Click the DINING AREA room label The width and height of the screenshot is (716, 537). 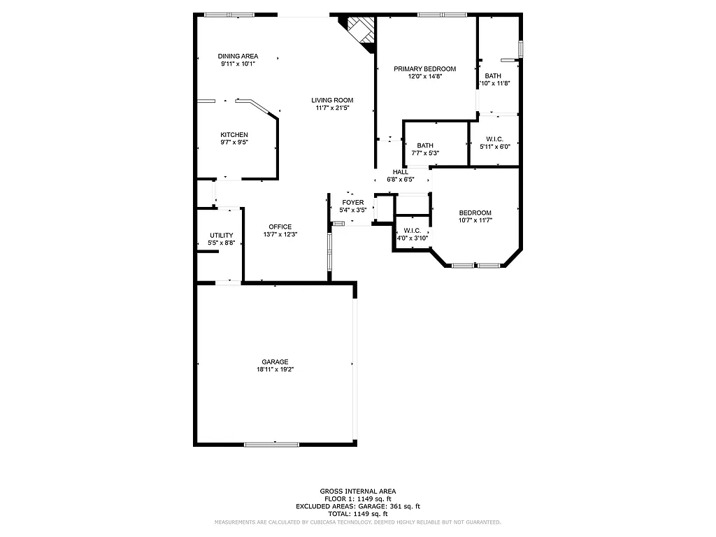[x=238, y=56]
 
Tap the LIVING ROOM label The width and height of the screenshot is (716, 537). [x=332, y=100]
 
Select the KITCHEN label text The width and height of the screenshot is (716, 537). [x=234, y=135]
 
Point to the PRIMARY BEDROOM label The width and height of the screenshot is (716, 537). [x=424, y=69]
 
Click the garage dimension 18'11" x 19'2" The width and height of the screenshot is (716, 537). [x=275, y=369]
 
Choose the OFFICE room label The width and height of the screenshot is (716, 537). [x=280, y=227]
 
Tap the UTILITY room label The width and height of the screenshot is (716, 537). [x=222, y=235]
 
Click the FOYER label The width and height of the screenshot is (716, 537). [x=352, y=202]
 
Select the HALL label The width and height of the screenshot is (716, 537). [x=401, y=172]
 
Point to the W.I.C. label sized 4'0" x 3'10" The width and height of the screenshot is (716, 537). [x=412, y=230]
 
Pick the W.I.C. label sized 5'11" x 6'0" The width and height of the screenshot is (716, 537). [x=494, y=138]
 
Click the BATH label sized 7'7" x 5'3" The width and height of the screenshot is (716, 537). [x=425, y=145]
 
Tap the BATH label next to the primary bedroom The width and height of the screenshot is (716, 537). [x=493, y=76]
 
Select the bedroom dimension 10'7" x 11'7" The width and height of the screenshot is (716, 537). [x=475, y=220]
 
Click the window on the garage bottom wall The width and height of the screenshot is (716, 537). [x=272, y=443]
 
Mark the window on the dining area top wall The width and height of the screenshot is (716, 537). [x=229, y=14]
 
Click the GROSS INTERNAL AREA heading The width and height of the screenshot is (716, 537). [x=357, y=491]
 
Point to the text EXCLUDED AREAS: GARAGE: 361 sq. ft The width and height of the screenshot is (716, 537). [x=357, y=506]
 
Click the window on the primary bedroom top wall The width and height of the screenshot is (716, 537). [x=442, y=14]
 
